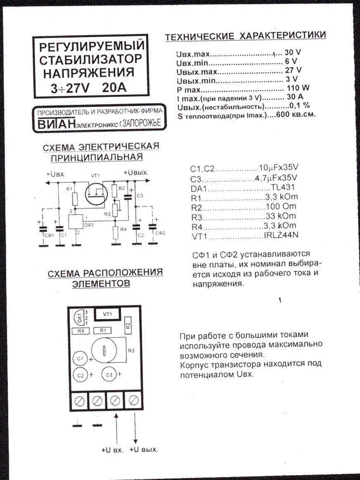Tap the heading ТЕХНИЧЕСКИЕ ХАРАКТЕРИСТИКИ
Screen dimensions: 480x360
click(245, 36)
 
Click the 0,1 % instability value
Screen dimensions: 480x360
click(299, 106)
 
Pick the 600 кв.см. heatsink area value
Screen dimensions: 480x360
click(296, 115)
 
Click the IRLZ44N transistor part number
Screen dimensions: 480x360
click(281, 235)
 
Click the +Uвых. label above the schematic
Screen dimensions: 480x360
click(136, 172)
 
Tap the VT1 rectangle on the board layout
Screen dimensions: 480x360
click(108, 313)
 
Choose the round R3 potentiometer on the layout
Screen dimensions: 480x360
click(105, 351)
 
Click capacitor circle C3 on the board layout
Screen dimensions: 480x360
click(109, 375)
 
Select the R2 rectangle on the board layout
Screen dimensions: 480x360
click(128, 324)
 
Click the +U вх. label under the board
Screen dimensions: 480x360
click(112, 450)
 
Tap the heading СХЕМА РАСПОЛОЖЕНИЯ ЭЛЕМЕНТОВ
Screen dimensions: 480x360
click(105, 278)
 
